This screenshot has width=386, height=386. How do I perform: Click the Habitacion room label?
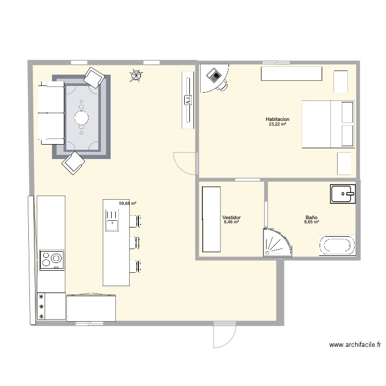(277, 119)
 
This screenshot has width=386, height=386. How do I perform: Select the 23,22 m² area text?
(277, 124)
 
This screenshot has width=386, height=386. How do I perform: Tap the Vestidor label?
(232, 218)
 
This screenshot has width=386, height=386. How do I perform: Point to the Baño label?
(311, 218)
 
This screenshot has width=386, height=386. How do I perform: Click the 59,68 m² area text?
(128, 203)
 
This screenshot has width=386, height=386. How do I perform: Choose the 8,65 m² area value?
(311, 222)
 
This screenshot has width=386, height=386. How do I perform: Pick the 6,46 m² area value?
(232, 222)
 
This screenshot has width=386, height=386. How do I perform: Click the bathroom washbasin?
(343, 195)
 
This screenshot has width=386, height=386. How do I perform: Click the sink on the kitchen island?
(112, 224)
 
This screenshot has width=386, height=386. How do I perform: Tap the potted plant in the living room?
(136, 76)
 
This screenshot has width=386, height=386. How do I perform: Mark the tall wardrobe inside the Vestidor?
(211, 219)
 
